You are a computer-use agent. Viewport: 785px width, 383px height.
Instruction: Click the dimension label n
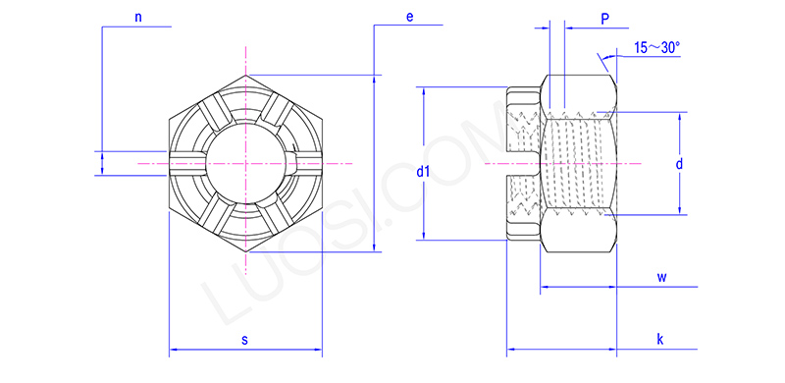tap(137, 17)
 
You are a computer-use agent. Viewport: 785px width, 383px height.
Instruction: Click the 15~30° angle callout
tap(656, 47)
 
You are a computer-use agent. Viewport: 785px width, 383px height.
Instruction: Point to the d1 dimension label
tap(423, 172)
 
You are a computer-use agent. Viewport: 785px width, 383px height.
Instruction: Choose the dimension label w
tap(662, 277)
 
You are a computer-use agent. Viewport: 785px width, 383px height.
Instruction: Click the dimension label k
tap(660, 339)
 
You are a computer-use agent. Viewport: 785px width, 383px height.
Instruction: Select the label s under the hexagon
tap(244, 339)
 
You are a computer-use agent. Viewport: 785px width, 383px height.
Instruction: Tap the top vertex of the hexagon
tap(244, 75)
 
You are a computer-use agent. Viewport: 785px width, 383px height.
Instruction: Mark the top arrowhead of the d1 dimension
tap(423, 91)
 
